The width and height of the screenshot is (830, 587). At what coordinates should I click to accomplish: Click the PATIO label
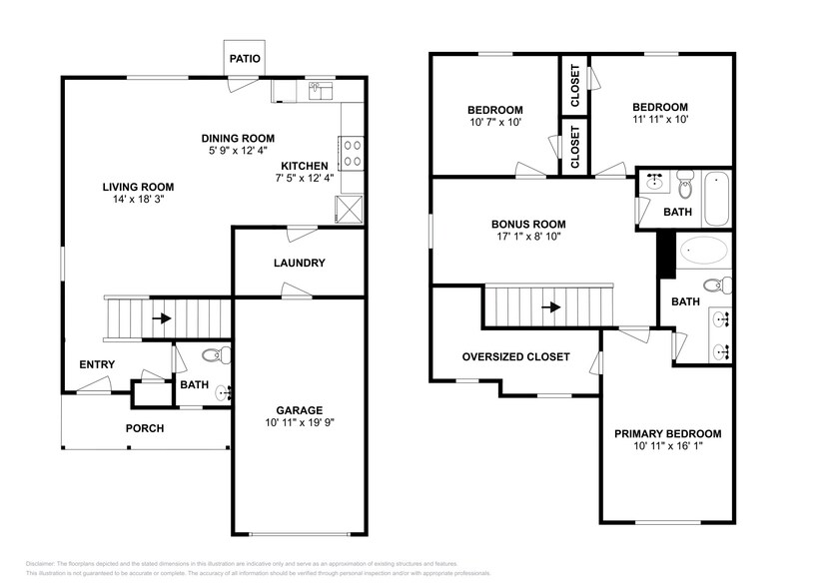tap(245, 59)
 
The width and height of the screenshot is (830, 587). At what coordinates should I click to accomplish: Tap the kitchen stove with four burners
tap(352, 152)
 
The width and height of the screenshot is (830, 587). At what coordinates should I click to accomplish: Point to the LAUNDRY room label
tap(300, 264)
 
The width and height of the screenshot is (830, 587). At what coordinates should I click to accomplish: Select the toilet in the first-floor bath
tap(216, 355)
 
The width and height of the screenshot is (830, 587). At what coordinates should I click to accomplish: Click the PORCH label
tap(144, 428)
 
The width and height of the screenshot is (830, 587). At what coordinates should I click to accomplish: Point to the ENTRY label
tap(97, 364)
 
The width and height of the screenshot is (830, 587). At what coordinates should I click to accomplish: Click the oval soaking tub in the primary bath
tap(704, 250)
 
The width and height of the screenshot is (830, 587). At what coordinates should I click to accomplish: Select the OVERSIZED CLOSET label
tap(515, 356)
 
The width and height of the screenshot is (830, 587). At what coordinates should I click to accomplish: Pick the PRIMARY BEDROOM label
tap(667, 433)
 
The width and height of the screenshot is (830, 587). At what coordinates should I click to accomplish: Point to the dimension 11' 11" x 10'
tap(659, 120)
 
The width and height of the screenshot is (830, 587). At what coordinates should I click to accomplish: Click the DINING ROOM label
tap(238, 139)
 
